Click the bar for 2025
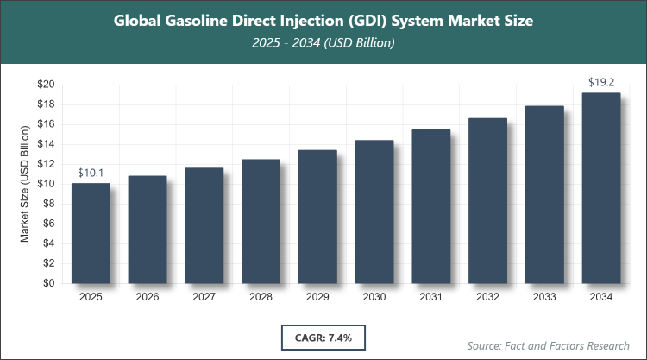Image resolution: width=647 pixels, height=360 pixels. (x=91, y=233)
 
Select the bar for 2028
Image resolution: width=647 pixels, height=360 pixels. (x=261, y=221)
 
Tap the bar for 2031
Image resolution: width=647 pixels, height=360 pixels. (x=430, y=206)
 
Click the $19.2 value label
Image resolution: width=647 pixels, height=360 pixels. (x=601, y=83)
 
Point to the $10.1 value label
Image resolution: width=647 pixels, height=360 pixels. (x=91, y=173)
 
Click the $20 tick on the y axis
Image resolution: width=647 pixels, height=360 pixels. (x=46, y=85)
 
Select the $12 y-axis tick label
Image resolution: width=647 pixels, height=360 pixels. (x=46, y=164)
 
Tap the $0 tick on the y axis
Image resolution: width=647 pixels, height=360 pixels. (x=49, y=283)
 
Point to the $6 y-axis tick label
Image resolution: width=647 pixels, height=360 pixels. (x=49, y=224)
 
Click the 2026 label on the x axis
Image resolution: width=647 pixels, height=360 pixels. (x=148, y=297)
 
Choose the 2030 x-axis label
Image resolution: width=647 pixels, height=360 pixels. (x=374, y=297)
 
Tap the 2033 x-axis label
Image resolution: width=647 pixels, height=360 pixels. (x=544, y=297)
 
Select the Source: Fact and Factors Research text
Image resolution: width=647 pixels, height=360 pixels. (x=548, y=345)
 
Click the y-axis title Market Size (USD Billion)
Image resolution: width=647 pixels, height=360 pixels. (x=26, y=184)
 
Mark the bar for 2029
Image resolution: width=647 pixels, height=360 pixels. (x=317, y=217)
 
